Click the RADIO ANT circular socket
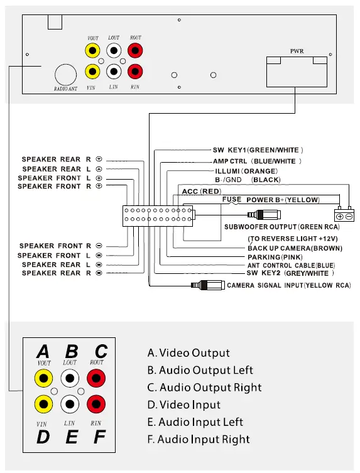[65, 75]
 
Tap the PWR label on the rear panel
[297, 50]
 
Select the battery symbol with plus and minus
[344, 215]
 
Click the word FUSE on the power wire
[232, 200]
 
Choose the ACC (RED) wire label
[202, 191]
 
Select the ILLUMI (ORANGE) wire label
[246, 171]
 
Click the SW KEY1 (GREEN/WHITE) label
[258, 151]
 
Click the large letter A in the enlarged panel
[43, 351]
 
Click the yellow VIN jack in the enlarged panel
[43, 403]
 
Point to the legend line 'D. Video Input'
[184, 405]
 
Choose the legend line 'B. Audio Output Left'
[200, 371]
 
